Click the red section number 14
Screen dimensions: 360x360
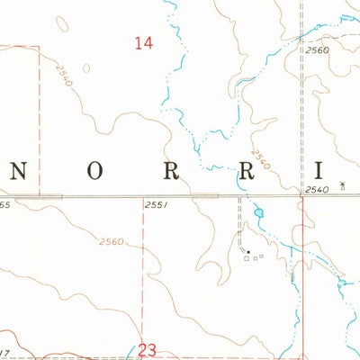[142, 41]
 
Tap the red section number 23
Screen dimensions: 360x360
[148, 350]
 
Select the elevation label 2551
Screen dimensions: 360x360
[156, 206]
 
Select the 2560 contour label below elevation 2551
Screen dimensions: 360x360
[112, 241]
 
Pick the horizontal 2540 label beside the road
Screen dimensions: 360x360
[317, 189]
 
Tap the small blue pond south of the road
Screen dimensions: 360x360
[258, 213]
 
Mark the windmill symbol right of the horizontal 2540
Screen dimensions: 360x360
[342, 185]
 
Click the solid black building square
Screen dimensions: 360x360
[248, 251]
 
